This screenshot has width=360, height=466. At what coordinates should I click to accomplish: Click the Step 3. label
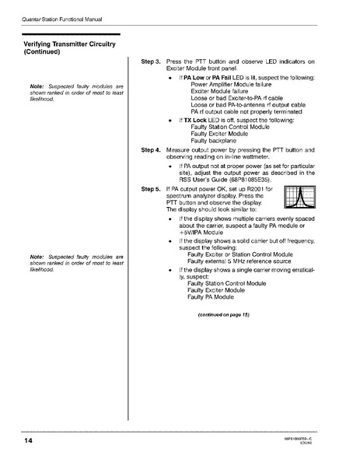(x=151, y=61)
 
